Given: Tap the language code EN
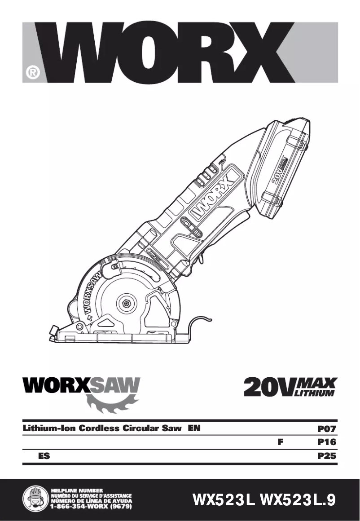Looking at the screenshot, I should tap(194, 428).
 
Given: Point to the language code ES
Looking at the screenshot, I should tap(44, 456).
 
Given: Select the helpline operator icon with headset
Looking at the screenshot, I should tap(35, 499).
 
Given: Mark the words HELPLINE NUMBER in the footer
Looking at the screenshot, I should tap(77, 490).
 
